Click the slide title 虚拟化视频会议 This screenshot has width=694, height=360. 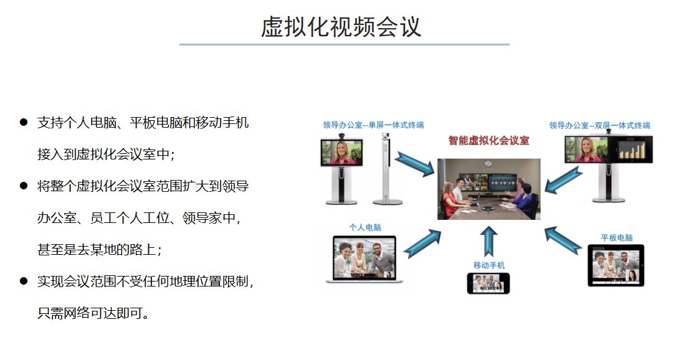click(x=341, y=27)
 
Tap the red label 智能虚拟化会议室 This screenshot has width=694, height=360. click(x=488, y=141)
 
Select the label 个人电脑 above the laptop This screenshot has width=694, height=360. click(x=365, y=227)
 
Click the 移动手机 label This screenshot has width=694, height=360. click(x=488, y=265)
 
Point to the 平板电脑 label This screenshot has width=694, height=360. click(x=617, y=237)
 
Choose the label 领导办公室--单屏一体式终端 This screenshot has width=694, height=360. click(x=373, y=125)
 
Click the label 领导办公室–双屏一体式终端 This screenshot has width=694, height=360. click(x=600, y=125)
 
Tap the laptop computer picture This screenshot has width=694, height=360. click(x=364, y=259)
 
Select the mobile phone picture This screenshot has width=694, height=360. click(x=488, y=283)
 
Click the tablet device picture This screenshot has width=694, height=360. click(x=616, y=265)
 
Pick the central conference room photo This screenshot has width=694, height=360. click(x=488, y=189)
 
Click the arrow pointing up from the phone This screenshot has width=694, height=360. click(x=488, y=242)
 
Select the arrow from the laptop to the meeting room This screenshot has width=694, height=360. click(x=422, y=244)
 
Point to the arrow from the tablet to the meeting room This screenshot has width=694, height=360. click(x=563, y=240)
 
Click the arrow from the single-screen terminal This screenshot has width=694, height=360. click(x=415, y=164)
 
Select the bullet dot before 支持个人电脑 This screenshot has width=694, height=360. click(x=24, y=122)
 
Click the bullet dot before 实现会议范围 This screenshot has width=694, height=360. click(x=24, y=281)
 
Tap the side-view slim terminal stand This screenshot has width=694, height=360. click(x=387, y=169)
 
